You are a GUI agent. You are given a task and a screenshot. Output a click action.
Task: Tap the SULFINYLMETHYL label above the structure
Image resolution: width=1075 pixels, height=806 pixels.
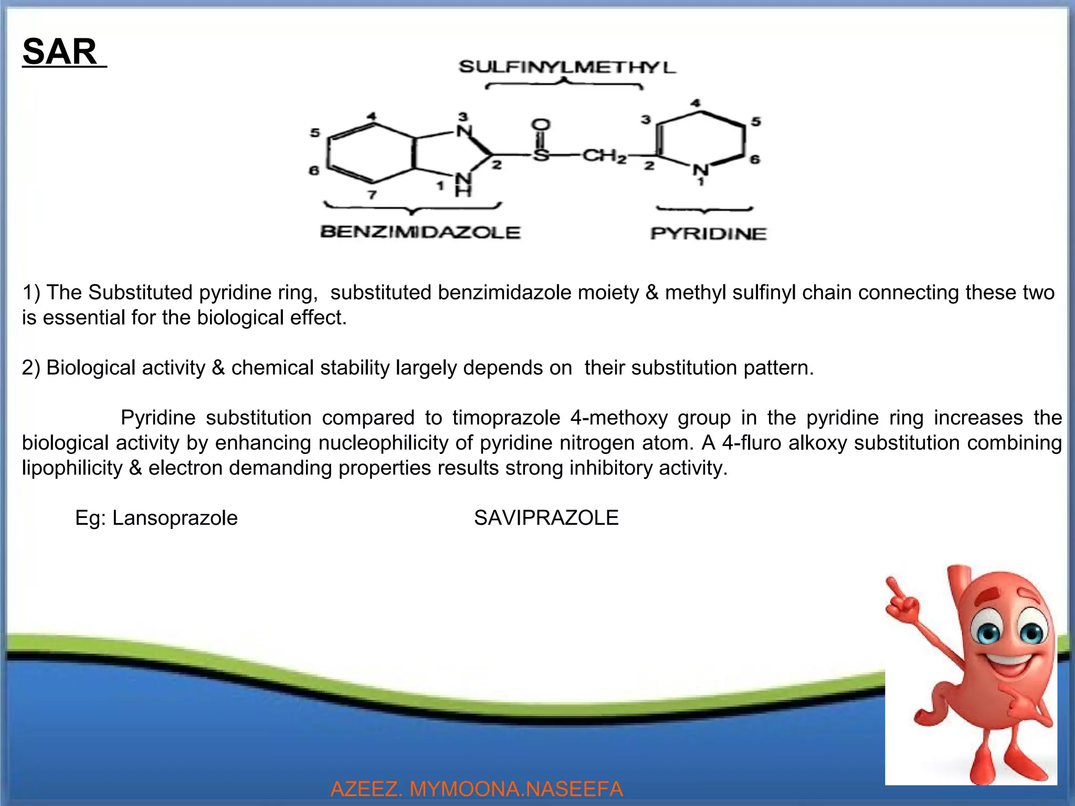[x=567, y=67]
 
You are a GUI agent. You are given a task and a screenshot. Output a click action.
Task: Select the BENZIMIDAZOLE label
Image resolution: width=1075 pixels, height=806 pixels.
[x=420, y=232]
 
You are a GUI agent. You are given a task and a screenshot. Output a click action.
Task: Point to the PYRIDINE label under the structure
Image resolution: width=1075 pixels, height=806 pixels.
[x=708, y=234]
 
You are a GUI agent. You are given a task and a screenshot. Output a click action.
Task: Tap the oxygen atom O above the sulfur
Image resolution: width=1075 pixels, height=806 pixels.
[x=541, y=125]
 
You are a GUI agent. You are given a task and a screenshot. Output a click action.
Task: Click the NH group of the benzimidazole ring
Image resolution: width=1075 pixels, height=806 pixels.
[x=462, y=185]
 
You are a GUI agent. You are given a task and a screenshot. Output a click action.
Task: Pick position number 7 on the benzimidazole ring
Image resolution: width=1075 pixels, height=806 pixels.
[x=372, y=195]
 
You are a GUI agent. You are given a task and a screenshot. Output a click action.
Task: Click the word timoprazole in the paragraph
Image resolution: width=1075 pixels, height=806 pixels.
[x=506, y=418]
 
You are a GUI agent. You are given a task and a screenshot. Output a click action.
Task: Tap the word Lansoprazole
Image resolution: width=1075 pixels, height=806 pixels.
[x=175, y=518]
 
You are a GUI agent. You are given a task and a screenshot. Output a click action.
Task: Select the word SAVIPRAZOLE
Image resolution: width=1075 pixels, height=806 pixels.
[x=546, y=518]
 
